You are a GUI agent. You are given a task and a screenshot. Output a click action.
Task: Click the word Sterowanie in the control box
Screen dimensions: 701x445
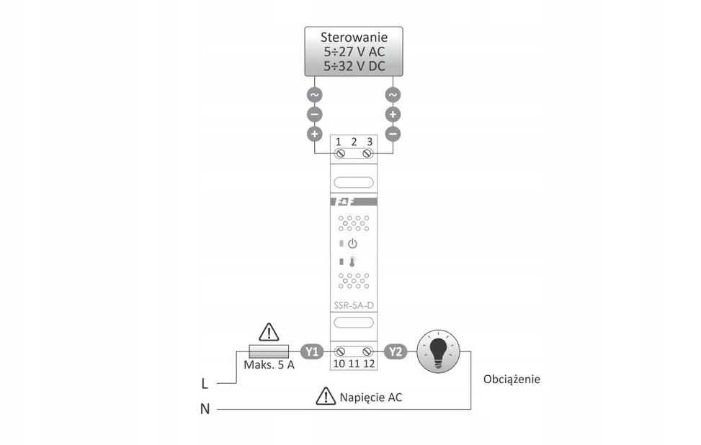tap(354, 37)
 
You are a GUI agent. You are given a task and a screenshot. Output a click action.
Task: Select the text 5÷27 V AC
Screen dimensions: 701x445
tap(354, 52)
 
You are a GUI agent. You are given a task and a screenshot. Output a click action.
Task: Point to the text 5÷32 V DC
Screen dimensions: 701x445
tap(354, 66)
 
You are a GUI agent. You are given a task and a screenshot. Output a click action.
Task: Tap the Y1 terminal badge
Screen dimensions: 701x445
tap(312, 351)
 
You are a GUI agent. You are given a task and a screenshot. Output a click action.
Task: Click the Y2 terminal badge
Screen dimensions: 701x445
tap(396, 351)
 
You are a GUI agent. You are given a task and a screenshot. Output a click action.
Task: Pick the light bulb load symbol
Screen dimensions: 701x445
tap(438, 351)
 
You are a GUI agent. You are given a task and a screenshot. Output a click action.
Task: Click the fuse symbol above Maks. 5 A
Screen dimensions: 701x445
tap(269, 351)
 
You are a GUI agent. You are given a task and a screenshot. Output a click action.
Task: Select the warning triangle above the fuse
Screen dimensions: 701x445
tap(269, 333)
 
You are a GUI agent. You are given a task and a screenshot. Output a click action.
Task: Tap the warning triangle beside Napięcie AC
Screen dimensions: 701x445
tap(326, 396)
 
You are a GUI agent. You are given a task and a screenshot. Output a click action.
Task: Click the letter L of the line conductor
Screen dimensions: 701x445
tap(205, 383)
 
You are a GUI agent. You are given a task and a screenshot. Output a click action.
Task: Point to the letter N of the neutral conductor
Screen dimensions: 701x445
tap(205, 409)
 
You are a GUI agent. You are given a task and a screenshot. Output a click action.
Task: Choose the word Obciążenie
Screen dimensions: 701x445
tap(512, 379)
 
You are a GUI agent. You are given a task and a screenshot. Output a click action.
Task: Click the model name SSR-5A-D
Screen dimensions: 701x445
tap(354, 305)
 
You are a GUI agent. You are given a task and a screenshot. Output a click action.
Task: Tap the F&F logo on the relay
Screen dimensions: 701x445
tap(345, 202)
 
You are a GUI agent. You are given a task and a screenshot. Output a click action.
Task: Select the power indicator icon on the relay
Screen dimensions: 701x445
tap(353, 243)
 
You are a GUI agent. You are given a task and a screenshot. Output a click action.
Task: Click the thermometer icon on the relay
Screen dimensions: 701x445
tap(352, 262)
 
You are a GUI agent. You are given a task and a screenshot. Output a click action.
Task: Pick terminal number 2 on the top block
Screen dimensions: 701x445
tap(354, 142)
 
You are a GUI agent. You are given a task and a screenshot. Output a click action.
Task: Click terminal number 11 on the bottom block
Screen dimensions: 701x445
tap(354, 364)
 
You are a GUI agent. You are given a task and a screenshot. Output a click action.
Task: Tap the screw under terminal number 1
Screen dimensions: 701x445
tap(340, 153)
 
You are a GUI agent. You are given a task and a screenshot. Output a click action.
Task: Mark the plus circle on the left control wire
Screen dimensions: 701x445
tap(315, 134)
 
